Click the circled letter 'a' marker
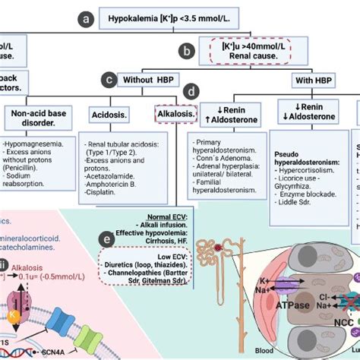pos(90,17)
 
